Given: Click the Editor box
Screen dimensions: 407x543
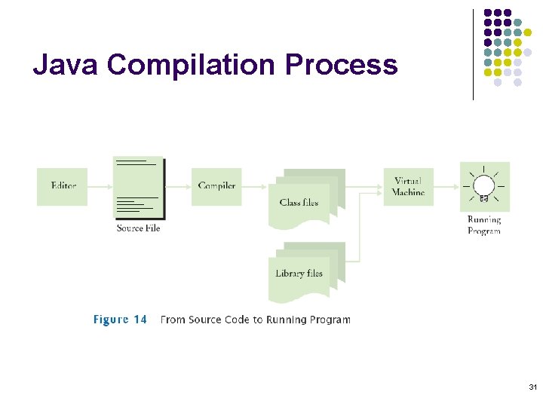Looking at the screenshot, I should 63,186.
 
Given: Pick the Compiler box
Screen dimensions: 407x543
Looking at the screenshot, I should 216,186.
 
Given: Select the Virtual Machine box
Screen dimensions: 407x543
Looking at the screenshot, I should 408,186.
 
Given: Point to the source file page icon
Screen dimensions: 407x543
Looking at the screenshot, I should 138,188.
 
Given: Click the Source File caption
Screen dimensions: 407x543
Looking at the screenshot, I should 138,228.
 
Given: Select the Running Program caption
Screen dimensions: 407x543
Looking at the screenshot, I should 483,225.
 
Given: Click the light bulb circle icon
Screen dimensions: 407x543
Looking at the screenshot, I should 483,185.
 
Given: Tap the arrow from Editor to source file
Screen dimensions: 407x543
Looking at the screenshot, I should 100,186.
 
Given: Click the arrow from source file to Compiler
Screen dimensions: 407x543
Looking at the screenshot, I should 178,186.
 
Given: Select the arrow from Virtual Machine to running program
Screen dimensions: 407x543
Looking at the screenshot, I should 446,186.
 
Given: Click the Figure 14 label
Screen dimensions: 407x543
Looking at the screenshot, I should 120,320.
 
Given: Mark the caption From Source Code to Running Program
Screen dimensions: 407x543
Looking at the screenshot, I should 255,320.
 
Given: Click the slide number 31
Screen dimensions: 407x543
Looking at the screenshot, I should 532,387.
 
